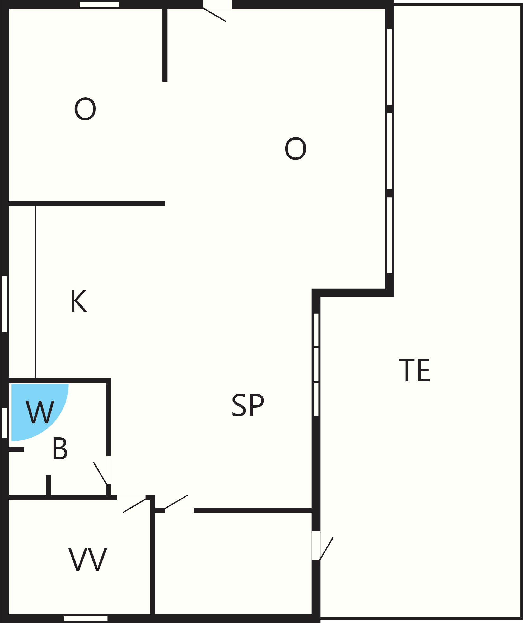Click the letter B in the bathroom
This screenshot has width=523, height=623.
pos(60,449)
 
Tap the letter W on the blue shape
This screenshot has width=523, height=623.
pos(40,412)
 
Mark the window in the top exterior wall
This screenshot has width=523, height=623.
pos(99,4)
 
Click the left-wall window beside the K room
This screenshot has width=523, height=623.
pos(4,304)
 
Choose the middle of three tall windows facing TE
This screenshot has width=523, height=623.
pos(390,151)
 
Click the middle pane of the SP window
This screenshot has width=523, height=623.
pos(316,365)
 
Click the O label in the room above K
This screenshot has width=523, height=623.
pos(85,109)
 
